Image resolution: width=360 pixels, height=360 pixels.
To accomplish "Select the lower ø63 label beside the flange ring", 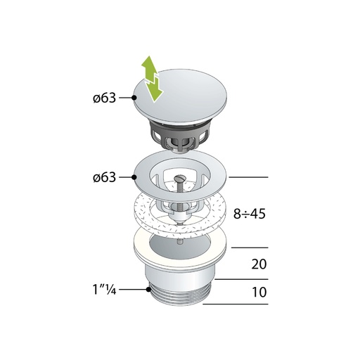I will click(103, 177).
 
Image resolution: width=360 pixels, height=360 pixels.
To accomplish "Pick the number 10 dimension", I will click(258, 292).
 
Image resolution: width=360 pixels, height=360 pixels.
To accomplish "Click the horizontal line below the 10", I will click(236, 304).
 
